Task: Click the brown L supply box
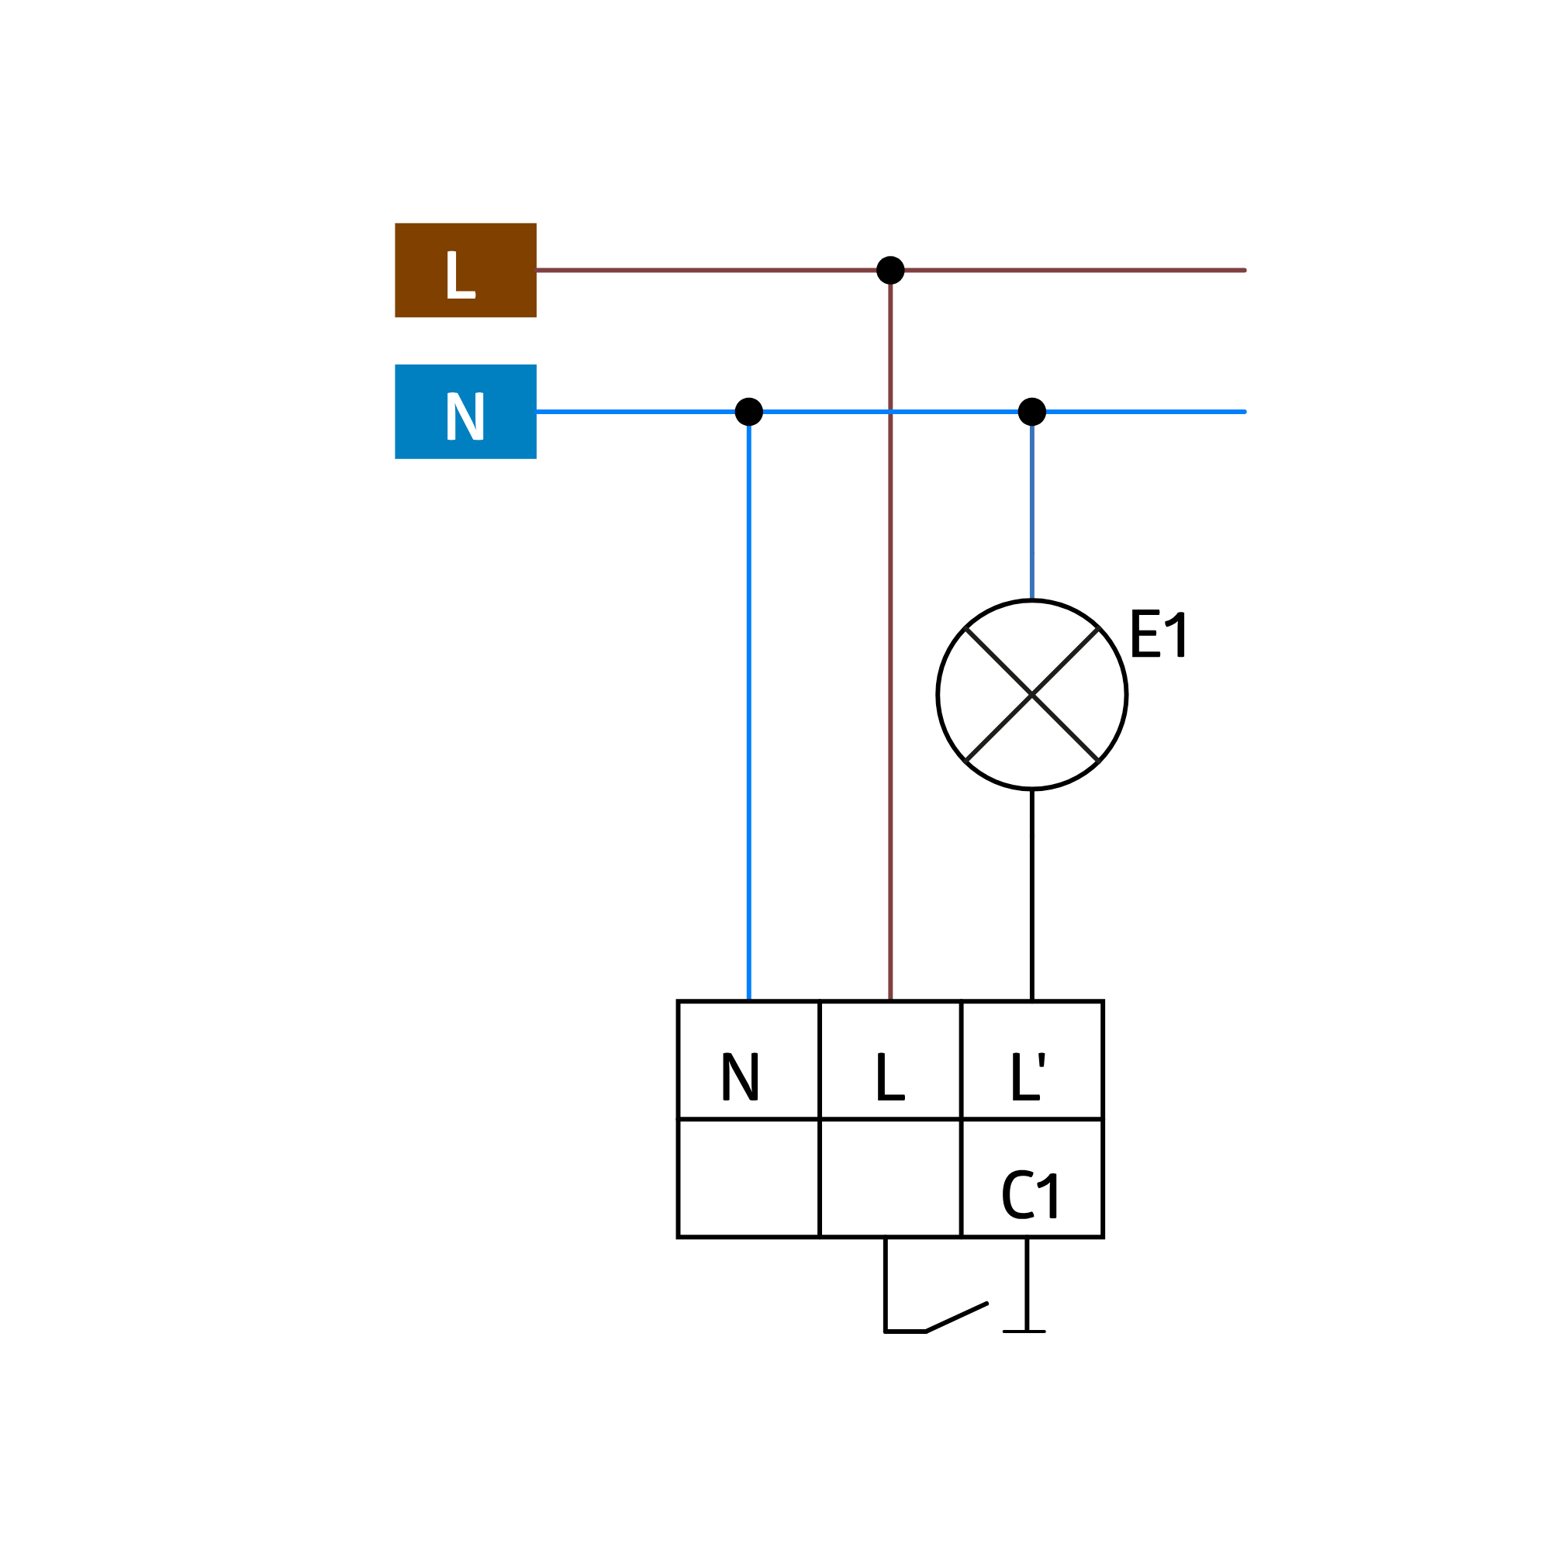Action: click(465, 271)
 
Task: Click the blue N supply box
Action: click(465, 412)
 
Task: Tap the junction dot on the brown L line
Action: click(890, 271)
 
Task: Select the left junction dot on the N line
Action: click(749, 412)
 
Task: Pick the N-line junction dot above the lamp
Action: click(1031, 412)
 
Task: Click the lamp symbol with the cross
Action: click(1031, 694)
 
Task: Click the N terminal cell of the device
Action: click(749, 1059)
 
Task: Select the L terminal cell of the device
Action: click(890, 1059)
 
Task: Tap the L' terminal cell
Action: click(1031, 1059)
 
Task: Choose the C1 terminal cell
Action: click(1031, 1178)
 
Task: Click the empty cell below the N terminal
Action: click(749, 1178)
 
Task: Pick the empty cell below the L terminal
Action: click(890, 1178)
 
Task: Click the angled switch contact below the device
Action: click(956, 1318)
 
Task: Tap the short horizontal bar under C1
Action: click(1024, 1331)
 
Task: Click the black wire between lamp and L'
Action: click(1031, 895)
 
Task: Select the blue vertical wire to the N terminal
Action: click(749, 706)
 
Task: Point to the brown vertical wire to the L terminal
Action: click(890, 636)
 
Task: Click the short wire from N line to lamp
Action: click(1031, 506)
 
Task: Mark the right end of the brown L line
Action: click(1244, 271)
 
